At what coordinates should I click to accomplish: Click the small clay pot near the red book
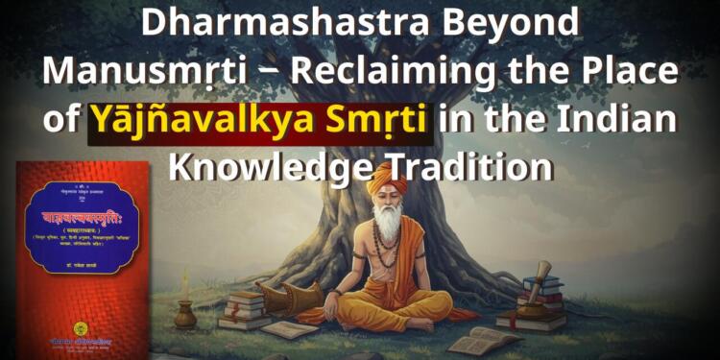[184, 316]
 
